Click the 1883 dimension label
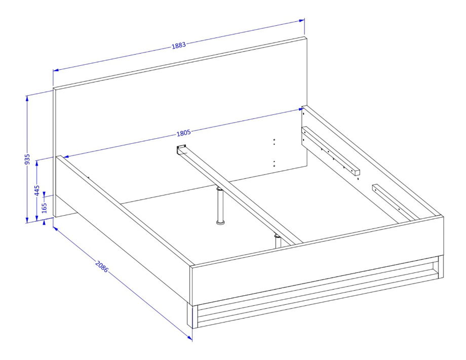click(179, 46)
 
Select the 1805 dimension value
click(184, 133)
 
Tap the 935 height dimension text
click(27, 159)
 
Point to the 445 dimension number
click(37, 191)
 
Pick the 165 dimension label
click(44, 208)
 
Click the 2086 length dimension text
click(102, 266)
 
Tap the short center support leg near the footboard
click(277, 241)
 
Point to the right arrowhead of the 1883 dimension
click(302, 21)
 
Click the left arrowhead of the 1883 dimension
click(56, 70)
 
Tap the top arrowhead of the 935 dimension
click(27, 99)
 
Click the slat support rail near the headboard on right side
click(330, 151)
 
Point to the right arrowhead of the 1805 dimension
click(300, 109)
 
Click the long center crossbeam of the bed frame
click(240, 194)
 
